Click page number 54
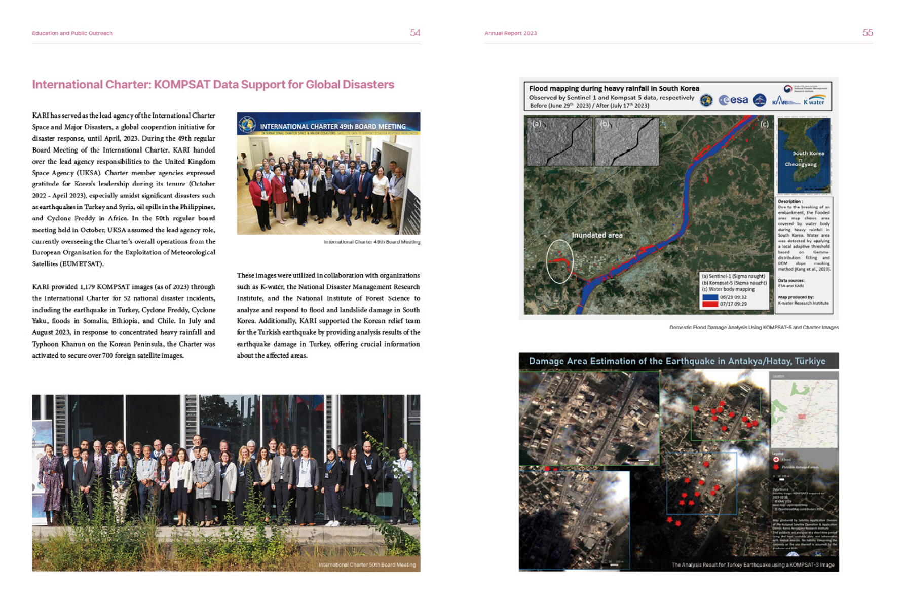414,33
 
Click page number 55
867,33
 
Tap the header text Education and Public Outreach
72,33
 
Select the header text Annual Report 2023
510,33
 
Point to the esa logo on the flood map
734,100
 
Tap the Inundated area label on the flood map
597,235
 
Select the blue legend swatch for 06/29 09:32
709,297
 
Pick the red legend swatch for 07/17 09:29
709,304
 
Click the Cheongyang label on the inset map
801,165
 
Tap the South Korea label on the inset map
808,153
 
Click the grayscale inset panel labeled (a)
559,141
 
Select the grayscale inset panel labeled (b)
627,141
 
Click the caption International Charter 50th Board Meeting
367,564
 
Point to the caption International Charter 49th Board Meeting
372,242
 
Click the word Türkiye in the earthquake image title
810,361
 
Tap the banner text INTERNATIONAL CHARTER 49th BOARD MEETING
333,126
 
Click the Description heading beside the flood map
790,201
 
